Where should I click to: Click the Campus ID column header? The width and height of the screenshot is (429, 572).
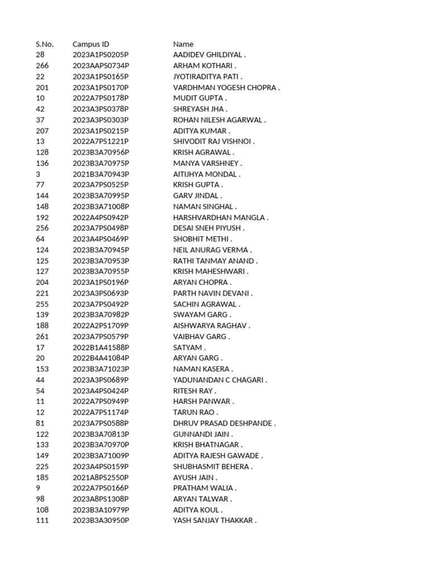[x=90, y=44]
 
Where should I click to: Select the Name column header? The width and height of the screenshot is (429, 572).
[x=183, y=44]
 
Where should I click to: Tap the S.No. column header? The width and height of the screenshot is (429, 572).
[x=45, y=44]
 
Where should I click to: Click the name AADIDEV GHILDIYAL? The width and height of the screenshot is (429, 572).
[x=209, y=55]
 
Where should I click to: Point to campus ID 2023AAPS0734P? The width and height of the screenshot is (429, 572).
[x=101, y=66]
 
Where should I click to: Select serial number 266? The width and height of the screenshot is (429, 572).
[x=42, y=66]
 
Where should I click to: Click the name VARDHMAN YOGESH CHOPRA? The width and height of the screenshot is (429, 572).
[x=226, y=88]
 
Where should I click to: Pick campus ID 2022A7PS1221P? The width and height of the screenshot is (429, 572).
[x=101, y=142]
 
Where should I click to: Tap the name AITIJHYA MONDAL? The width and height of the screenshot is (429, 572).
[x=207, y=174]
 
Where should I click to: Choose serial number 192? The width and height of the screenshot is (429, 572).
[x=42, y=218]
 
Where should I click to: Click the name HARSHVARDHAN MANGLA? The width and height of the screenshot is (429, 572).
[x=221, y=218]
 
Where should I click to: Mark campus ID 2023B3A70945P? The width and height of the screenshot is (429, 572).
[x=101, y=250]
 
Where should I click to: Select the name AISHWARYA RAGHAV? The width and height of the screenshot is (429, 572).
[x=212, y=326]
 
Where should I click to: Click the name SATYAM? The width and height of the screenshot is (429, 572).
[x=189, y=347]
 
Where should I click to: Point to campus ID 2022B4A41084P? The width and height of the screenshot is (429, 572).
[x=101, y=358]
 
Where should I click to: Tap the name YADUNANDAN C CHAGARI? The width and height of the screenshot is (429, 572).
[x=220, y=380]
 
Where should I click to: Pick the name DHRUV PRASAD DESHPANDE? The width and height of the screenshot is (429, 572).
[x=224, y=423]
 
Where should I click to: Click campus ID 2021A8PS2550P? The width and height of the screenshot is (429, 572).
[x=101, y=478]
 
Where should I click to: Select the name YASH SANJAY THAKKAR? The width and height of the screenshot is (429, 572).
[x=214, y=521]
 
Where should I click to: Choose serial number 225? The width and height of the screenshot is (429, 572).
[x=42, y=466]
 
